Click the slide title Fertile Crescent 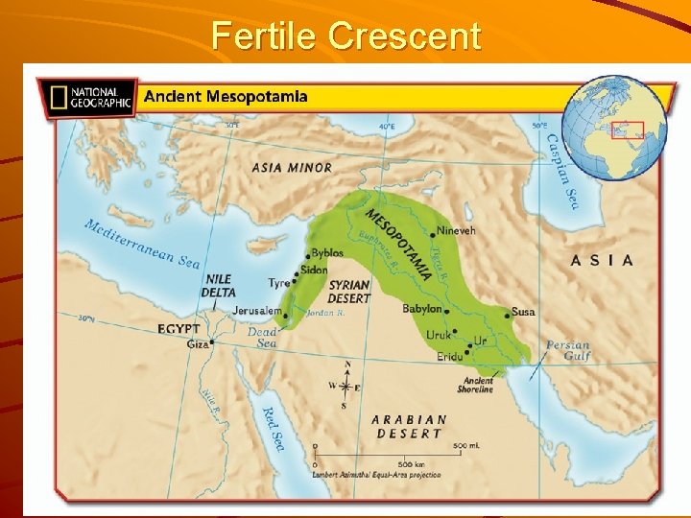point(345,35)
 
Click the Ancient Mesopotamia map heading point(226,97)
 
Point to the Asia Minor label point(292,167)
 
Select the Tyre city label point(279,283)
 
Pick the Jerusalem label point(257,311)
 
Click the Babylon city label point(421,309)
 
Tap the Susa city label point(523,312)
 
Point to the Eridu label point(449,357)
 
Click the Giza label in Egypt point(197,342)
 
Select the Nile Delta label point(218,286)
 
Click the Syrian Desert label point(349,292)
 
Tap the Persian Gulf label point(568,351)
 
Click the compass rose point(346,387)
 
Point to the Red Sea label point(273,426)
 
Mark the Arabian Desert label point(409,427)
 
